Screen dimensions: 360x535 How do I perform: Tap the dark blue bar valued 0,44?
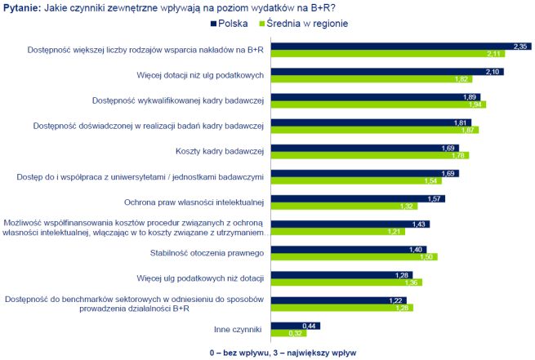(x=294, y=325)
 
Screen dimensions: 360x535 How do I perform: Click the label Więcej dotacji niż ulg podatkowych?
(x=199, y=76)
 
